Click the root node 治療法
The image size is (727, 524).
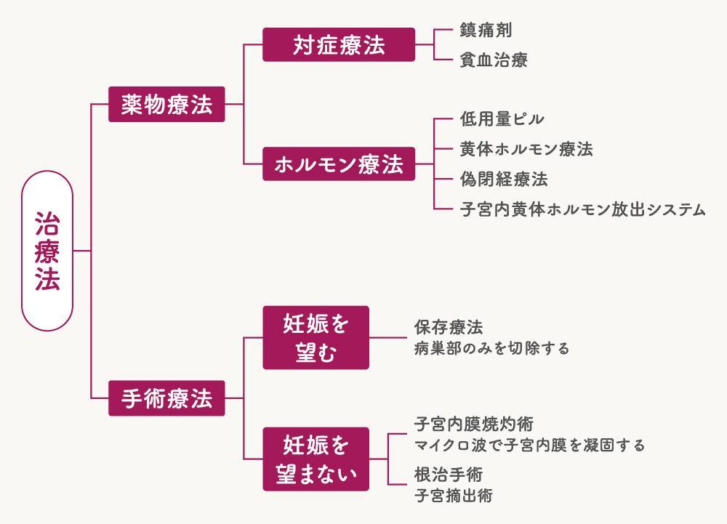click(x=47, y=251)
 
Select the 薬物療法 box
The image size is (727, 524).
click(x=166, y=105)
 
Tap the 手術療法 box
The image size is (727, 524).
click(x=166, y=398)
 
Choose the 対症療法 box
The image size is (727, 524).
click(x=339, y=45)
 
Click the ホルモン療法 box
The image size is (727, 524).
click(x=339, y=164)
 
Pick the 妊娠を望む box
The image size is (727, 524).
click(x=316, y=338)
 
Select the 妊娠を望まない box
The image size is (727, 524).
click(x=316, y=459)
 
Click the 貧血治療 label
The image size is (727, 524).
click(x=494, y=60)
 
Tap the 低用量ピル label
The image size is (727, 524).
click(x=502, y=119)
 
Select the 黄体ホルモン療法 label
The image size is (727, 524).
click(x=526, y=149)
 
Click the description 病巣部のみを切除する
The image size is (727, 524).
click(x=491, y=348)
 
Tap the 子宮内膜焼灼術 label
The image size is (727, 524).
click(x=474, y=424)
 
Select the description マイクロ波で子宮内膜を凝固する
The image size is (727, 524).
click(x=529, y=444)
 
